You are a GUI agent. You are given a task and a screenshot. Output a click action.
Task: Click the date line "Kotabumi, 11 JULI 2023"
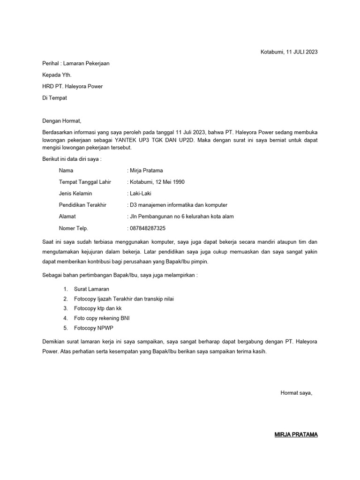pyautogui.click(x=289, y=52)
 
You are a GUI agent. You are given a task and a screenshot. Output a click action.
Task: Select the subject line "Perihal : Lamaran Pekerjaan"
pyautogui.click(x=76, y=63)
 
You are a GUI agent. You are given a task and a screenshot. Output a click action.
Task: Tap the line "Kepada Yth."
pyautogui.click(x=57, y=75)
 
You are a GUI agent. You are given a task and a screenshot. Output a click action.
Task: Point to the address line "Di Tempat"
pyautogui.click(x=55, y=97)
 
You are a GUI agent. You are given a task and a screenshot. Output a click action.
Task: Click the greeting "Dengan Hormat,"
pyautogui.click(x=62, y=121)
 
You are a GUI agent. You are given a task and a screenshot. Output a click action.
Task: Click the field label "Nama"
pyautogui.click(x=66, y=171)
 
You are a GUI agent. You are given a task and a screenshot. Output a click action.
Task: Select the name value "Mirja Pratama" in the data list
pyautogui.click(x=146, y=171)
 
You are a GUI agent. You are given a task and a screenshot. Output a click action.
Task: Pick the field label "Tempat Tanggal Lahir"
pyautogui.click(x=84, y=182)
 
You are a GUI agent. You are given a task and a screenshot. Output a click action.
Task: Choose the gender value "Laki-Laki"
pyautogui.click(x=140, y=193)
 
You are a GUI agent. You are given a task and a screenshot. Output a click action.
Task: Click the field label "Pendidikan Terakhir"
pyautogui.click(x=83, y=205)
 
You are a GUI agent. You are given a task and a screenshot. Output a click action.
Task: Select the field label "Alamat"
pyautogui.click(x=67, y=217)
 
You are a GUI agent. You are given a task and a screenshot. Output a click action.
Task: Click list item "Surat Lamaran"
pyautogui.click(x=91, y=289)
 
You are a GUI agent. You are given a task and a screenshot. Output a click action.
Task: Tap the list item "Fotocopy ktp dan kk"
pyautogui.click(x=97, y=308)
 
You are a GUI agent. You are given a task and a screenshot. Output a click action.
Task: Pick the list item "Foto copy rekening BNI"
pyautogui.click(x=102, y=318)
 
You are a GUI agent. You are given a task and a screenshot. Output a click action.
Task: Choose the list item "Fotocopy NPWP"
pyautogui.click(x=94, y=328)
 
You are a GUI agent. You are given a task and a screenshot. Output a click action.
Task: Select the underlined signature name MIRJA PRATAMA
pyautogui.click(x=296, y=435)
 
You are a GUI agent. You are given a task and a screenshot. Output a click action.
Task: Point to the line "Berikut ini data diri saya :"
pyautogui.click(x=72, y=159)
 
